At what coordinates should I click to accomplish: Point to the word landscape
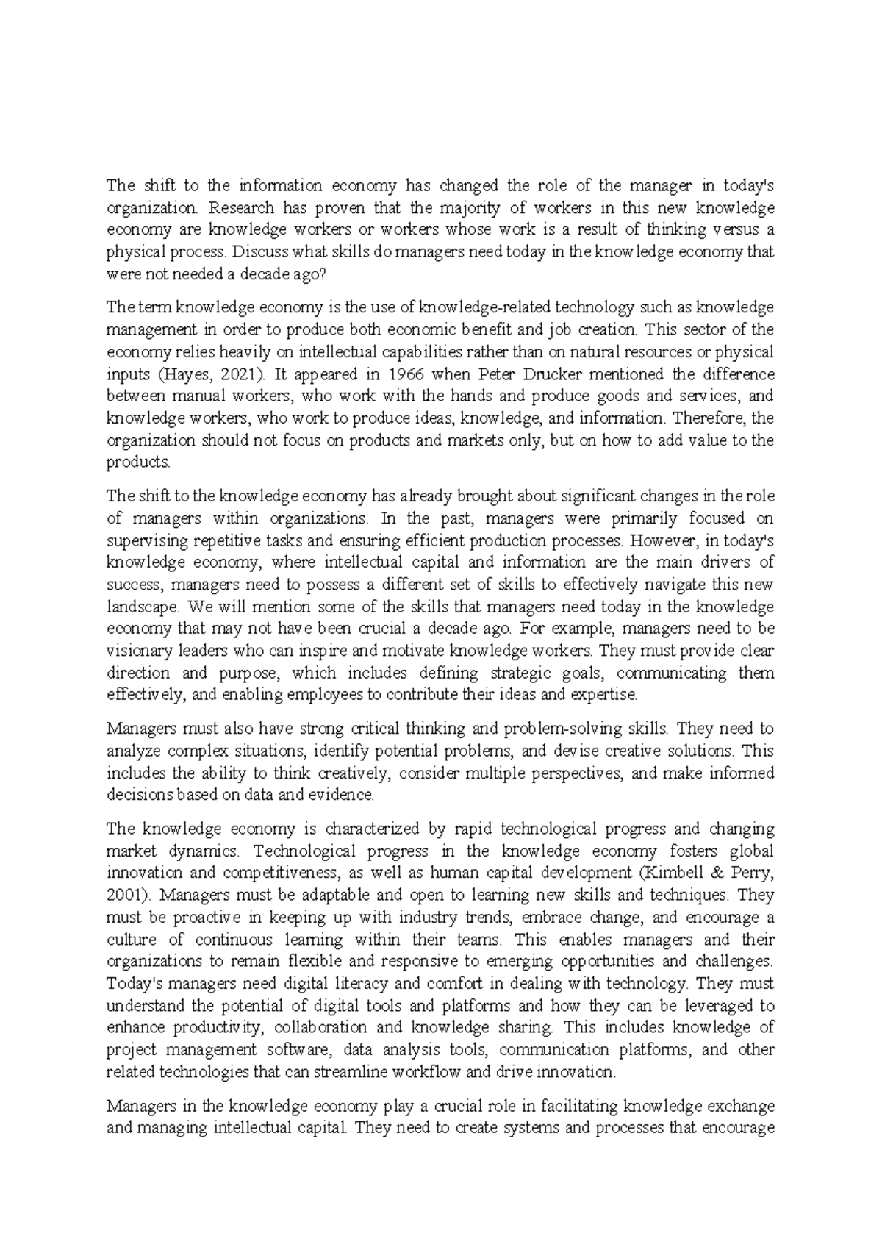click(x=142, y=607)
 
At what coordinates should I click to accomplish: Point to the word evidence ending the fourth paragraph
click(x=345, y=795)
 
